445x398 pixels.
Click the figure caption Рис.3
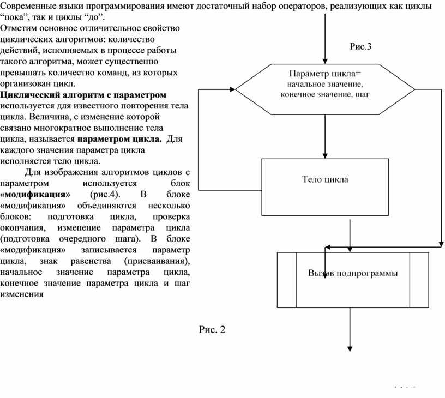click(360, 46)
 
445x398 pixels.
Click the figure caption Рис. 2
click(212, 329)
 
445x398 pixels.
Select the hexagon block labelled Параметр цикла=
click(325, 88)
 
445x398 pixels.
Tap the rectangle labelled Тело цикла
click(325, 179)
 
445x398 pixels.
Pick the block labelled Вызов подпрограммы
click(352, 273)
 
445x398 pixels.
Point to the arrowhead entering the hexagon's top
click(325, 59)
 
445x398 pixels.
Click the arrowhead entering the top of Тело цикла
click(325, 155)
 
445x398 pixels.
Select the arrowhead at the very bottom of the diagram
click(350, 348)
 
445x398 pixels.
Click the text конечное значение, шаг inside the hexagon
click(325, 94)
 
